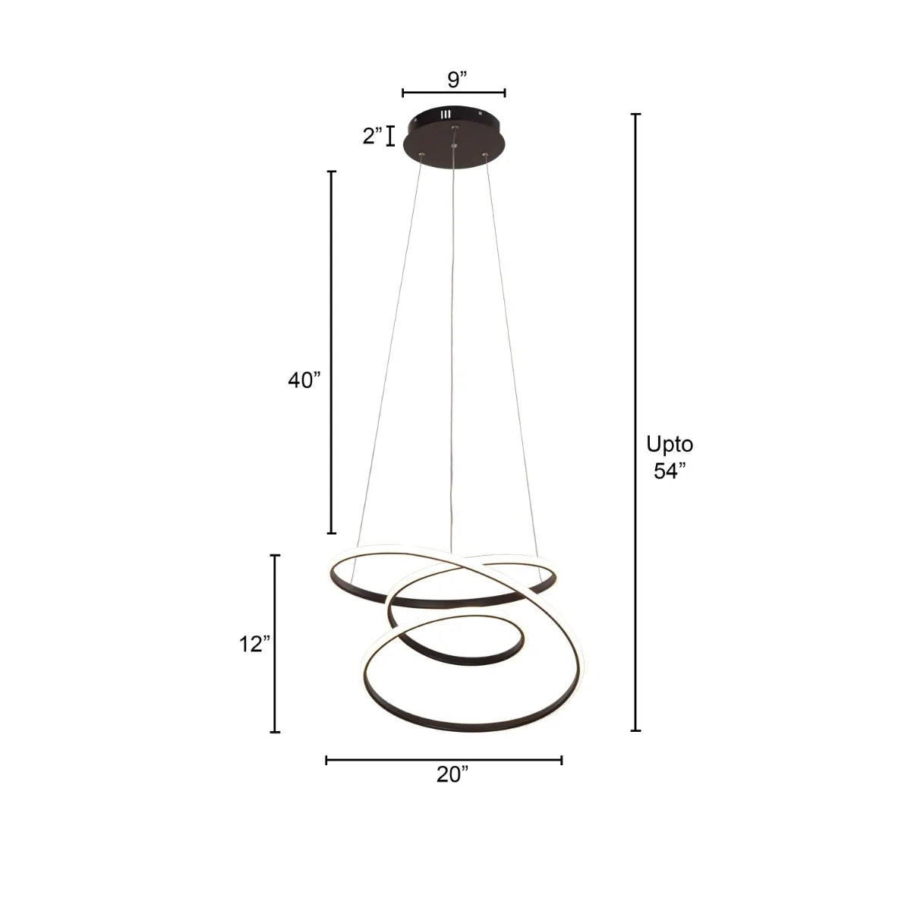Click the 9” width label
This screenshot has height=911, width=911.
coord(454,77)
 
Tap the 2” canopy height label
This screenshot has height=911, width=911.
coord(372,137)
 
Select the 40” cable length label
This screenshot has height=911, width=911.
coord(304,380)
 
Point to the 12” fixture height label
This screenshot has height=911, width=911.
coord(254,645)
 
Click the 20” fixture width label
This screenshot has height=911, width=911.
coord(452,774)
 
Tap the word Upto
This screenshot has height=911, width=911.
coord(669,444)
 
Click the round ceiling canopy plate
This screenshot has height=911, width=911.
coord(453,137)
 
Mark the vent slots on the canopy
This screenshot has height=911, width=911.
coord(446,115)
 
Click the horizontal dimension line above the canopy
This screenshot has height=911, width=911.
coord(454,93)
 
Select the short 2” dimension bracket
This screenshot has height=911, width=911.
coord(391,136)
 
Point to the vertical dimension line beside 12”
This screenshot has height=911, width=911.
coord(276,644)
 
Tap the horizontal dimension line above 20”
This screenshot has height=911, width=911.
coord(444,759)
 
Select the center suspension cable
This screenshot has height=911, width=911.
coord(452,342)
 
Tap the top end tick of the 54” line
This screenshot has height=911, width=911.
coord(636,114)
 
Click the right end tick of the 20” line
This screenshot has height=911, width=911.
coord(561,759)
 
